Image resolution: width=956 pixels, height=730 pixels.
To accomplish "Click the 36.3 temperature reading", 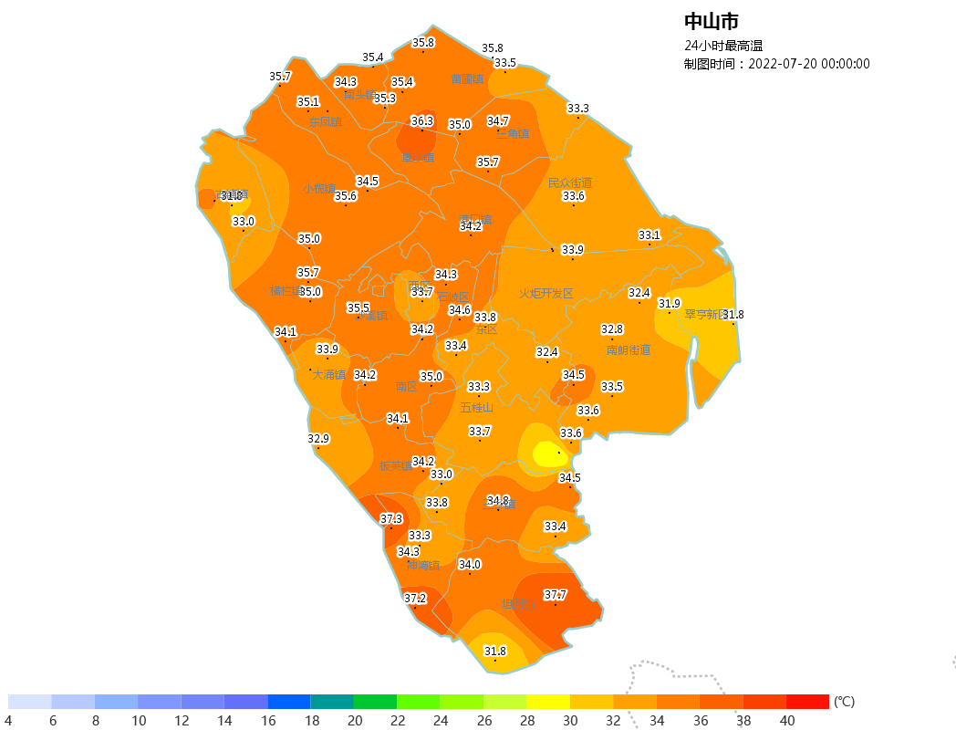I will click(421, 120).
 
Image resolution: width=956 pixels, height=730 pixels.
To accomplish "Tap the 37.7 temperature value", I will click(556, 595).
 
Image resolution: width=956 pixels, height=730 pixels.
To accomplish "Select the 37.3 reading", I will click(391, 518).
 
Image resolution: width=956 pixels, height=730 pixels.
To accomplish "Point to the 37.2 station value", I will click(415, 599).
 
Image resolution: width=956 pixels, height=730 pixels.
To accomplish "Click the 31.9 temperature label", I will click(670, 303).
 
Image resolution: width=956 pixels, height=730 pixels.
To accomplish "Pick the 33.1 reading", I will click(649, 235).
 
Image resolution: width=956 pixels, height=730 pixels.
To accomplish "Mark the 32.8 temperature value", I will click(611, 328).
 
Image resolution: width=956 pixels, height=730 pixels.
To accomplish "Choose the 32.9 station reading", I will click(317, 439).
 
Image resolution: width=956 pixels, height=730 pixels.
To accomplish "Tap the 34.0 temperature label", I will click(469, 564).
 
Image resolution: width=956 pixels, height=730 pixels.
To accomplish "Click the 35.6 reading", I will click(345, 196).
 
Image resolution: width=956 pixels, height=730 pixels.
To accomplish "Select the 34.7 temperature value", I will click(498, 120).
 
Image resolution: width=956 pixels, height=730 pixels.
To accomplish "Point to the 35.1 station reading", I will click(308, 102).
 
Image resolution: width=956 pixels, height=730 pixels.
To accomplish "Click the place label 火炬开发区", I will click(546, 294).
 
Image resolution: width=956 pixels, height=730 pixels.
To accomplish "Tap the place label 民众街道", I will click(570, 182).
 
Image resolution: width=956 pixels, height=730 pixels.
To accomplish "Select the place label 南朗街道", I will click(629, 349).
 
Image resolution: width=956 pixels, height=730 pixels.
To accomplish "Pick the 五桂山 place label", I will click(476, 408).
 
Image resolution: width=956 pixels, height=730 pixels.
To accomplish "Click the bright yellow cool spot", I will click(548, 453).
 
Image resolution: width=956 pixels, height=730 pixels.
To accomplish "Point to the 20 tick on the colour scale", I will click(354, 721).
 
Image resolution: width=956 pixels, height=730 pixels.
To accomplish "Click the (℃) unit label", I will click(844, 702).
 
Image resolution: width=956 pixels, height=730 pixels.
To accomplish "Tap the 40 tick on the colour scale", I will click(786, 721).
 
